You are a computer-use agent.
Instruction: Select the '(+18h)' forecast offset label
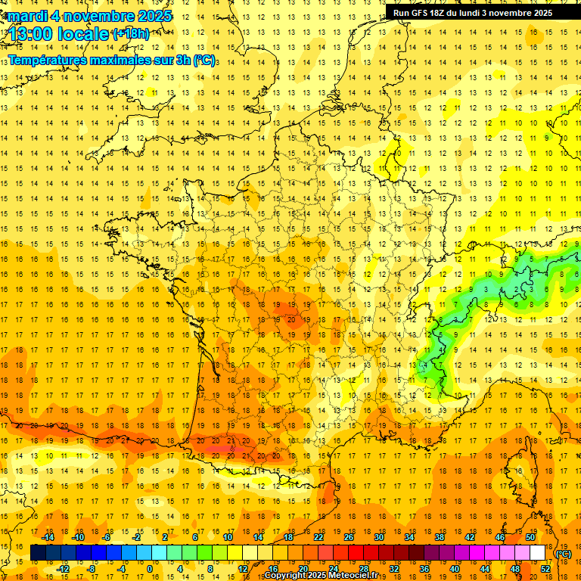(x=131, y=34)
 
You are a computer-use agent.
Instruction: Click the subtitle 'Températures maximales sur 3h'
(x=102, y=60)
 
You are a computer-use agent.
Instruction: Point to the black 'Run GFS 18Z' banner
(x=473, y=12)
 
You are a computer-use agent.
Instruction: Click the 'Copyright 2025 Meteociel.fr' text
(x=325, y=576)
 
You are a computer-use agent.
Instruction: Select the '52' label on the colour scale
(x=545, y=568)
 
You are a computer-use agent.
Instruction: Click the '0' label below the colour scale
(x=149, y=568)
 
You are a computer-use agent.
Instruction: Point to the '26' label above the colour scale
(x=349, y=536)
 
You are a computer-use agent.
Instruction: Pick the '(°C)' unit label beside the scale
(x=564, y=554)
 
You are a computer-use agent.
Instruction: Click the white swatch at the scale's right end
(x=538, y=553)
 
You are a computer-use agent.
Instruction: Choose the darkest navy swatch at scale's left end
(x=38, y=553)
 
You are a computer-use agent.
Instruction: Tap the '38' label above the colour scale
(x=440, y=536)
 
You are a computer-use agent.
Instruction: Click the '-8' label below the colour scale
(x=92, y=568)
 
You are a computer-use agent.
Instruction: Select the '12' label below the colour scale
(x=243, y=568)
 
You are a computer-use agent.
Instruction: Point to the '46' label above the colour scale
(x=500, y=536)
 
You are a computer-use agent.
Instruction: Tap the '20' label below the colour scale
(x=303, y=568)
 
